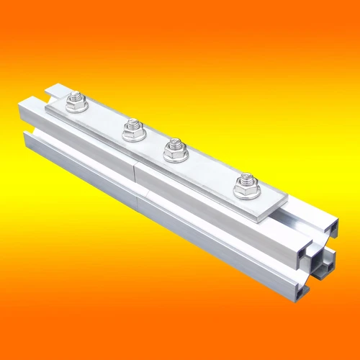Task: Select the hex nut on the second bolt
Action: coord(132,131)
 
